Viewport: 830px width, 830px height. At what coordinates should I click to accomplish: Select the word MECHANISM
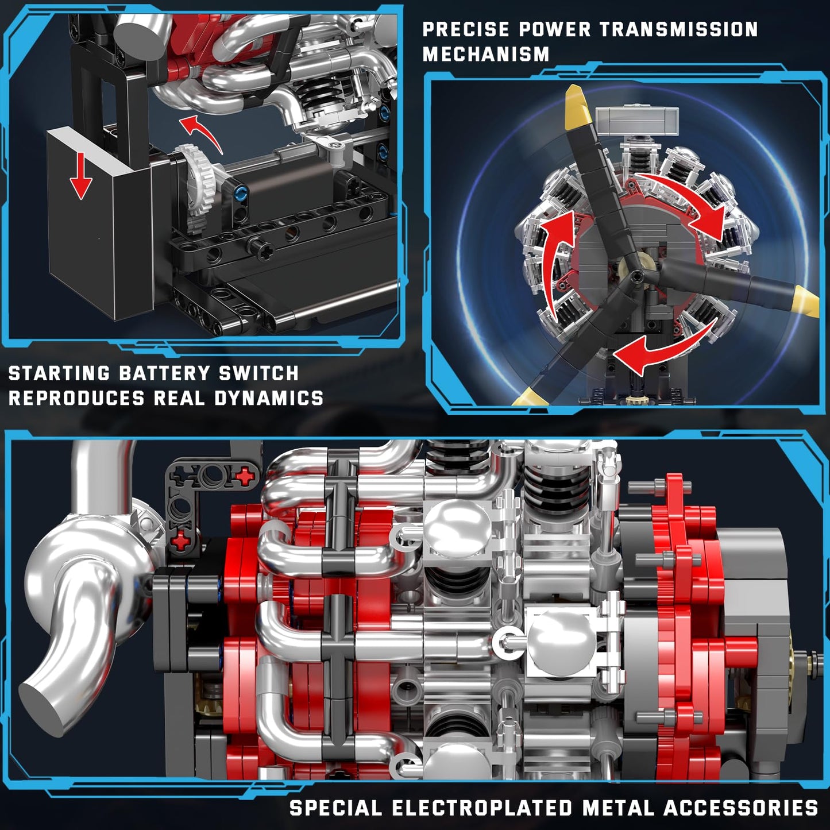[486, 55]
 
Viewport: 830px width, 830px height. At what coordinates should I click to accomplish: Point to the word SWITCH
[258, 373]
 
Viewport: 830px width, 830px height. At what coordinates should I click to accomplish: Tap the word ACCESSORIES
[741, 808]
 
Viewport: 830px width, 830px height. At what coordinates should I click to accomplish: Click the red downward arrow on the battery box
[80, 175]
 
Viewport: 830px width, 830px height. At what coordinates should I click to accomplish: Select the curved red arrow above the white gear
[201, 131]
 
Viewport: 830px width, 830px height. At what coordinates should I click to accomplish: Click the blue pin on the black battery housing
[241, 194]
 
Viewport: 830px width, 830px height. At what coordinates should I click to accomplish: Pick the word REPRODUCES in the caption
[77, 398]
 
